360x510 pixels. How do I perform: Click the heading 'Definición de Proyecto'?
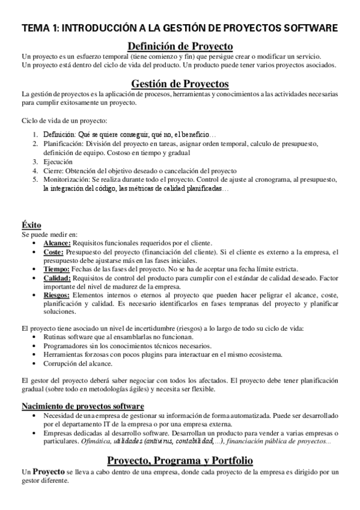(x=180, y=46)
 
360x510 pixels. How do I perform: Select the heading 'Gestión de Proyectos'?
(x=180, y=84)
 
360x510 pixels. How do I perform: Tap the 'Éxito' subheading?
(x=31, y=225)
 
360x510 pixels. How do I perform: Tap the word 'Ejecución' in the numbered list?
(x=58, y=162)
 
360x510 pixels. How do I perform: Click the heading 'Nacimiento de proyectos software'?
(x=82, y=407)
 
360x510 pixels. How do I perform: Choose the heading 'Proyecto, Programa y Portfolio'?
(x=180, y=460)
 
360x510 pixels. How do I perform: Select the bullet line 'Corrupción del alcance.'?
(x=79, y=363)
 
